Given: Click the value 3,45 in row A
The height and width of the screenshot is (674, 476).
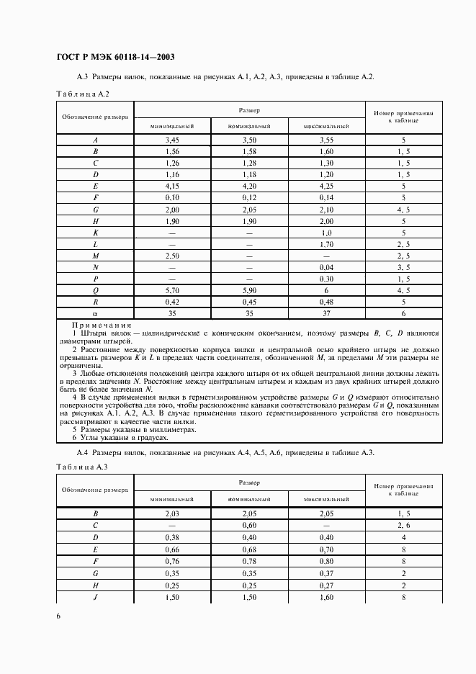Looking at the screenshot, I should [172, 140].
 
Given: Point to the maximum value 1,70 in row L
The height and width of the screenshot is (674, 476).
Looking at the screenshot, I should [325, 244].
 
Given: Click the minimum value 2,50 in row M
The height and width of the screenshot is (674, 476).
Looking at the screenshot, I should [172, 256].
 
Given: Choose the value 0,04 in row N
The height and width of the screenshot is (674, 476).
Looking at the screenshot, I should [325, 267].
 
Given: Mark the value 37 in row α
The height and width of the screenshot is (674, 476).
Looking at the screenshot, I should [325, 313].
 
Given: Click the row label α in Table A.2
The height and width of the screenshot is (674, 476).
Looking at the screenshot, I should [95, 313].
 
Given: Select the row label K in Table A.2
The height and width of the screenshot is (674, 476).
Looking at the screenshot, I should [95, 233].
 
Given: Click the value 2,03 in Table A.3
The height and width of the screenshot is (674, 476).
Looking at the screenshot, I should [172, 514].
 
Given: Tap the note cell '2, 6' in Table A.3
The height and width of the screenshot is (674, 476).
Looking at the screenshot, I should [403, 526].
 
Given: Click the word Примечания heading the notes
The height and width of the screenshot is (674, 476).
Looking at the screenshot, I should [102, 325].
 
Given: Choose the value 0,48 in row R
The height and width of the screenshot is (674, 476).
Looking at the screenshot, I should [325, 302].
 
